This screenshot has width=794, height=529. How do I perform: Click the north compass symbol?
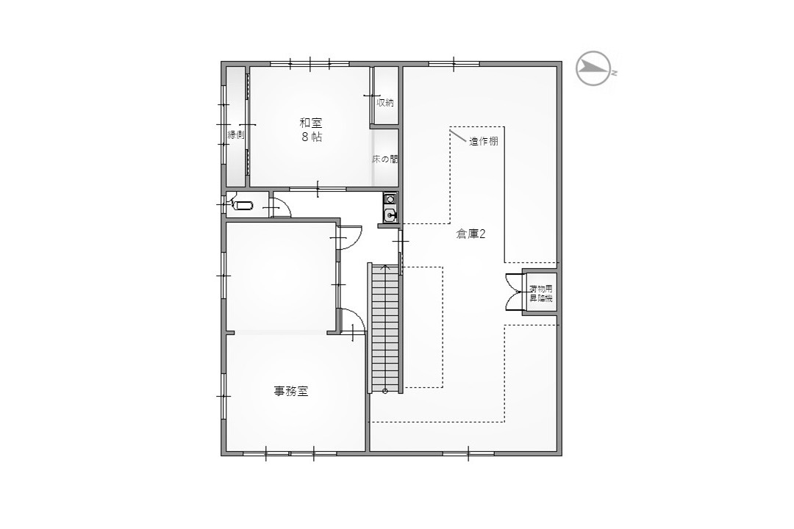coord(593,68)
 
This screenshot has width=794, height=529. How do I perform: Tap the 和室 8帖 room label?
coord(311,129)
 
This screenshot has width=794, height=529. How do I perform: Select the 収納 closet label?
coord(385,102)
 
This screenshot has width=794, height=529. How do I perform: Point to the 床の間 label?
coord(385,159)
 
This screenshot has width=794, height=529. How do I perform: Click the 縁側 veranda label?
coord(236,134)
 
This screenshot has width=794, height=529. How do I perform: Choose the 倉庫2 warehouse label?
coord(471,234)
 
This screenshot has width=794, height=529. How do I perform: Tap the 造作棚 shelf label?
coord(483,141)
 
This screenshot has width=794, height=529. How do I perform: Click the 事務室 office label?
coord(291,392)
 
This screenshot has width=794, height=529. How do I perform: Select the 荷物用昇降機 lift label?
coord(541,294)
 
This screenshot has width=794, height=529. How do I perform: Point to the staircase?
coord(385,328)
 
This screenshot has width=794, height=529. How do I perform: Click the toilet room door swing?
coord(281,206)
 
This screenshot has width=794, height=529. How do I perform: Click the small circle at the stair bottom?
coord(385,390)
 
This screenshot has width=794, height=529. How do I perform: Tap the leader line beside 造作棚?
coord(458,136)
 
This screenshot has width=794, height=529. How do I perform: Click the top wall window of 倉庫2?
coord(454,64)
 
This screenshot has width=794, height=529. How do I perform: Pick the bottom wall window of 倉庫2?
coord(468,453)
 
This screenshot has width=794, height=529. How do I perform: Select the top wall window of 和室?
coord(310,64)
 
